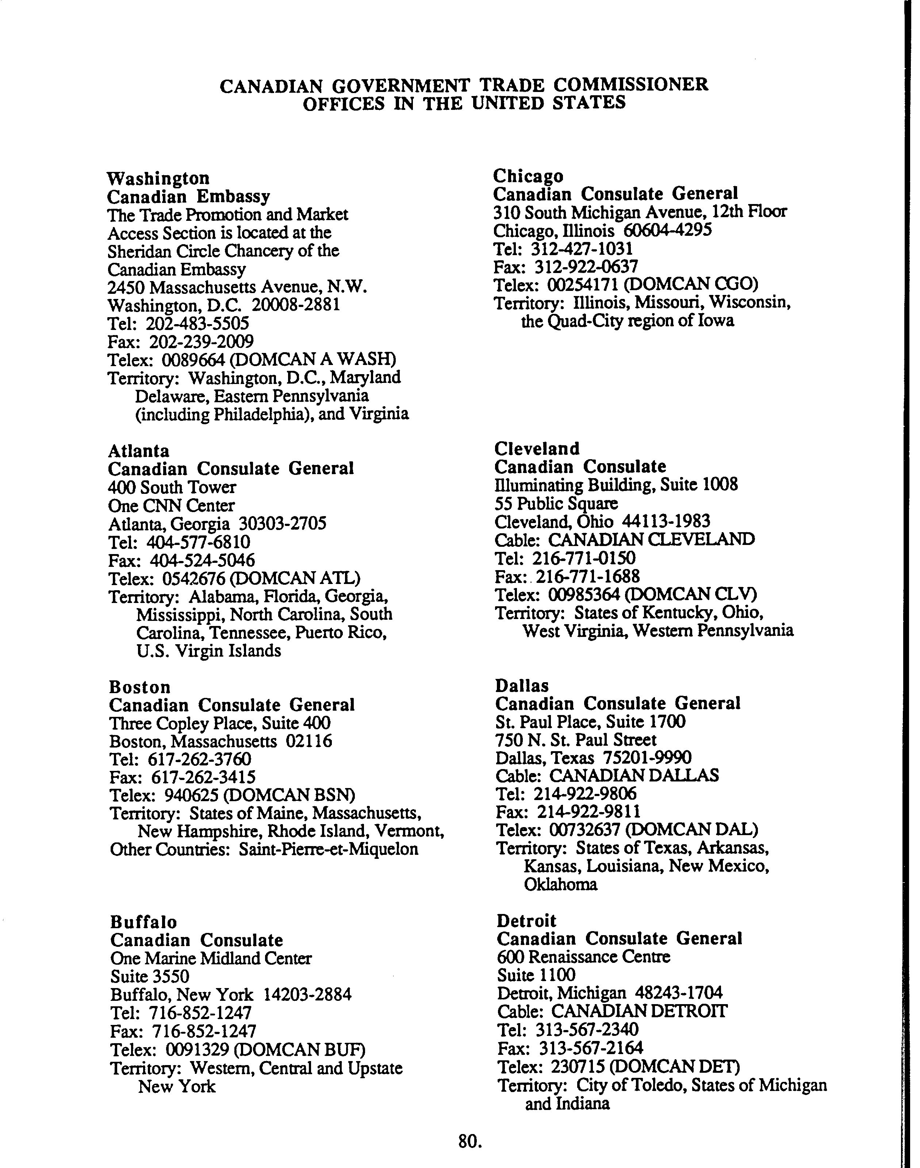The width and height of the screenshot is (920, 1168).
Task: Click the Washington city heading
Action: click(x=158, y=178)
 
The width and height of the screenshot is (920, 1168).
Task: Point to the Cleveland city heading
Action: click(x=537, y=449)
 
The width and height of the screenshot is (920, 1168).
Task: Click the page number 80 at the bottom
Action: click(x=469, y=1141)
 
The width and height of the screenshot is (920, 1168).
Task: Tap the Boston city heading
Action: click(x=139, y=687)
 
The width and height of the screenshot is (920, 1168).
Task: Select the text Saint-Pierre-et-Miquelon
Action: click(x=329, y=850)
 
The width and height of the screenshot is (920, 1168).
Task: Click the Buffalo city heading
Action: click(x=143, y=922)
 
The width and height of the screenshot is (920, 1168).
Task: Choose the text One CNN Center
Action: click(x=171, y=506)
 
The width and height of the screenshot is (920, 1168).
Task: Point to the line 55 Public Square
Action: click(x=556, y=503)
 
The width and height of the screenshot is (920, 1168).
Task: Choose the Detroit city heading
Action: click(x=526, y=921)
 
